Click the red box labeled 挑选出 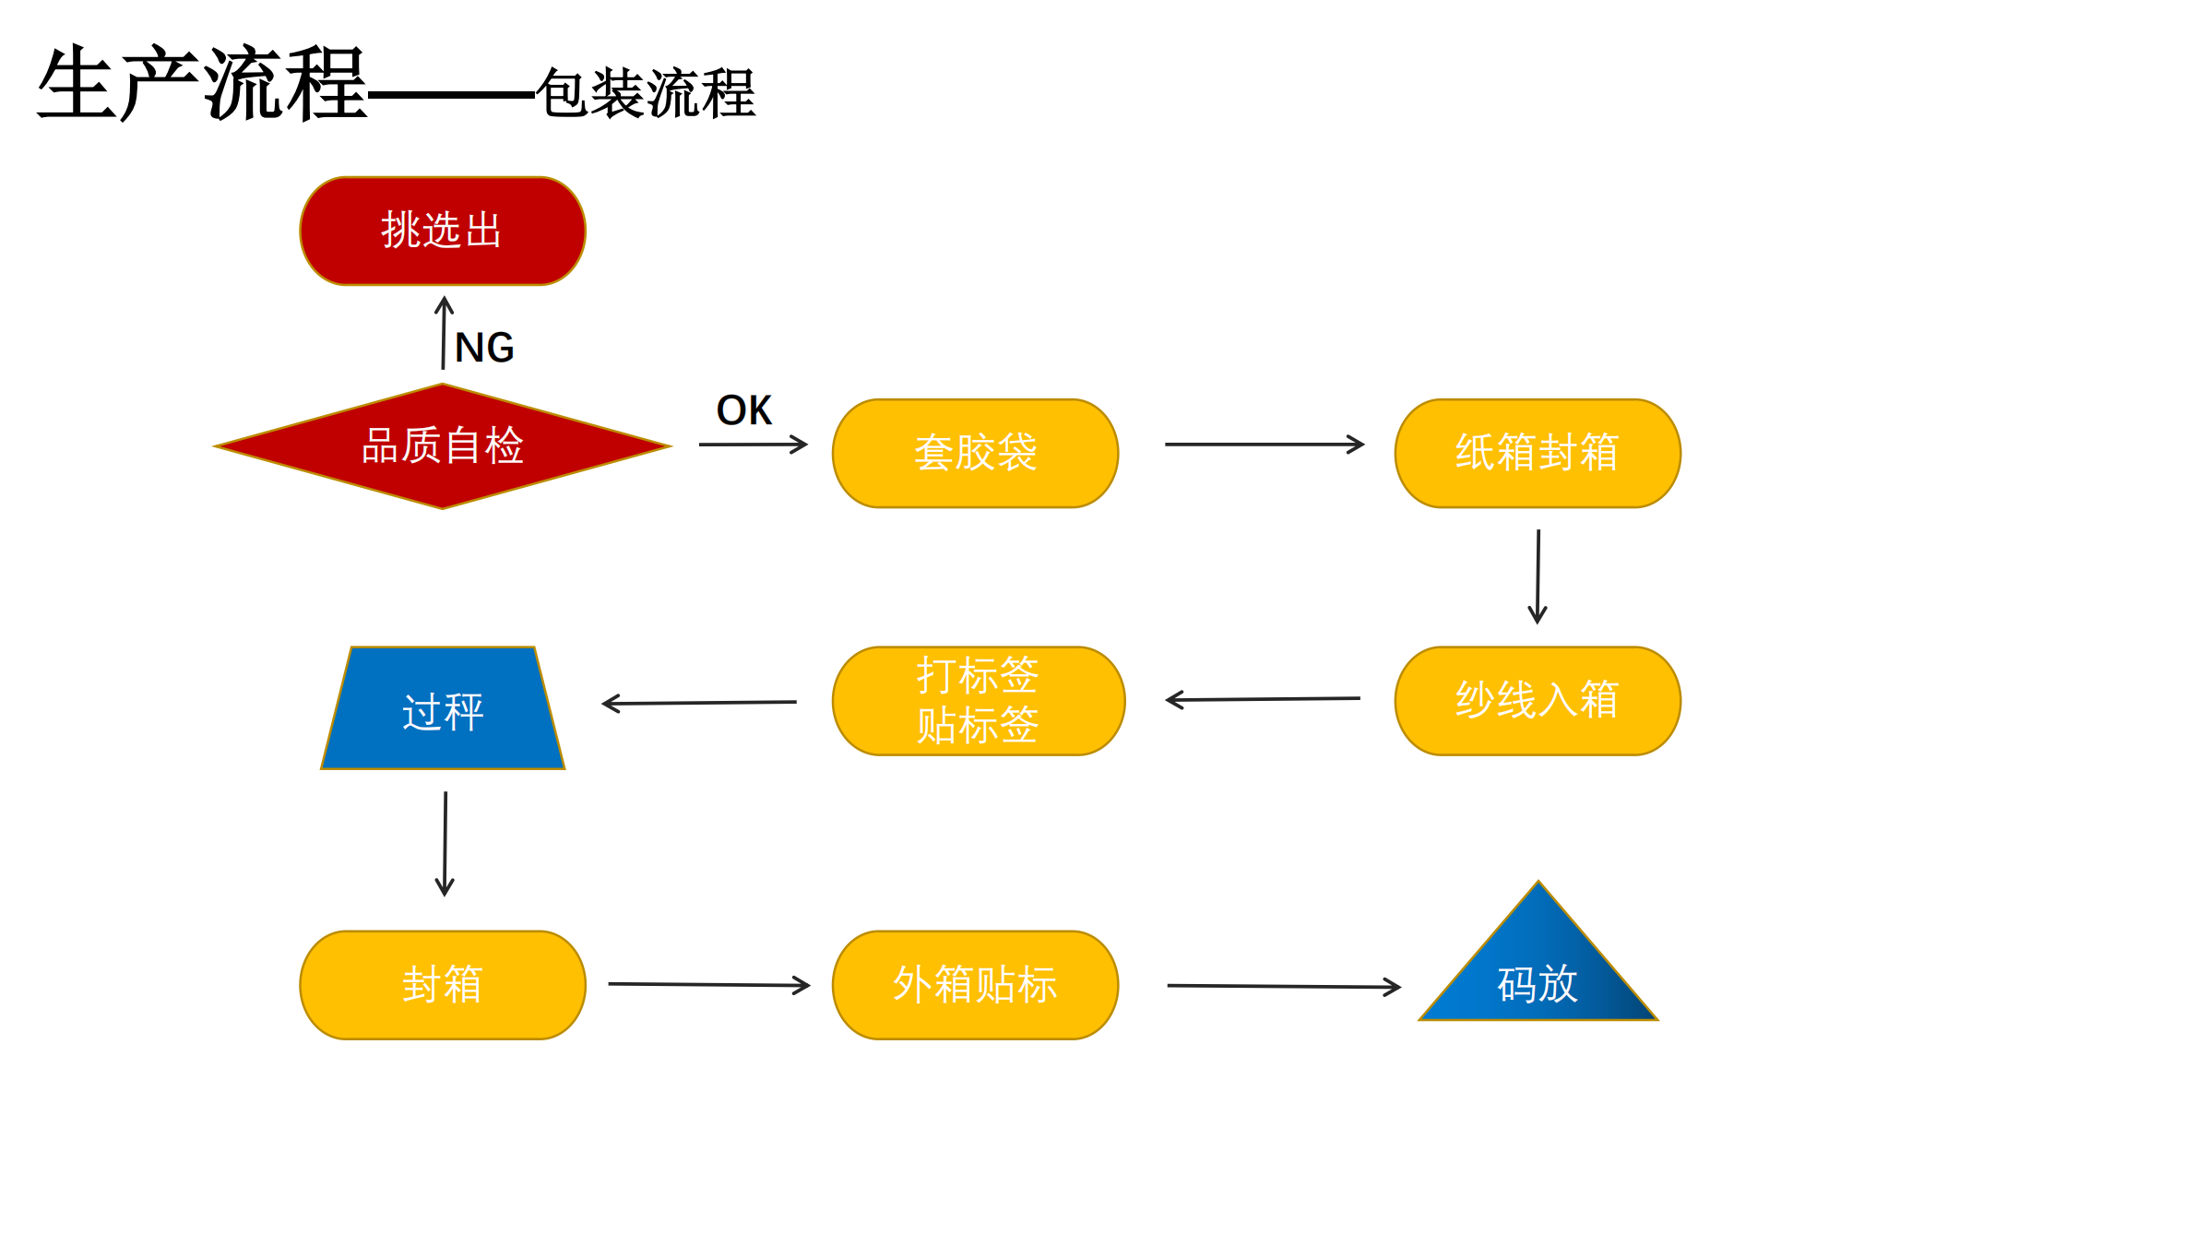[443, 231]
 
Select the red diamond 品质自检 [443, 446]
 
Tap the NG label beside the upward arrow [484, 348]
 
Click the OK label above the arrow [743, 410]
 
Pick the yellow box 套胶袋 [975, 453]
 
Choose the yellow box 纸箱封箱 [1537, 453]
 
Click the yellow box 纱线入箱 [1537, 700]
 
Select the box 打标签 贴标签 [978, 700]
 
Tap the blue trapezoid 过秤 [443, 710]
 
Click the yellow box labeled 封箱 [443, 984]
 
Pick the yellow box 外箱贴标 [975, 984]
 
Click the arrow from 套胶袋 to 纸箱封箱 [1264, 445]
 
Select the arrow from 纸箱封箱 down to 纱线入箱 [1538, 576]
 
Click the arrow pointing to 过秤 [699, 703]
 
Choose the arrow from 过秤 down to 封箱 [445, 843]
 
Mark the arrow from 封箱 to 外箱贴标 [708, 985]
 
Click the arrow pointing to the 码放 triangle [1283, 987]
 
